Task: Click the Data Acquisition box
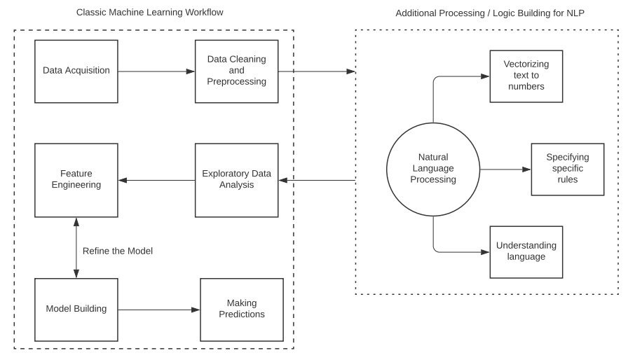click(x=76, y=71)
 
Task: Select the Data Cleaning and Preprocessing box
click(x=236, y=71)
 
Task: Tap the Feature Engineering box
click(x=76, y=180)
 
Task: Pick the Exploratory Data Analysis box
click(x=236, y=180)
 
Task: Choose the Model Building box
click(x=76, y=309)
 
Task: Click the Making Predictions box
click(x=242, y=309)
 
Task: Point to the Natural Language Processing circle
click(x=433, y=169)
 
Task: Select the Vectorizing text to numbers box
click(x=526, y=76)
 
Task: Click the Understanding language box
click(x=526, y=251)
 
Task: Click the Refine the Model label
click(x=117, y=251)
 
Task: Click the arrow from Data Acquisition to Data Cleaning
click(x=156, y=71)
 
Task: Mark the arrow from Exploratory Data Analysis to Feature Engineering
click(x=156, y=180)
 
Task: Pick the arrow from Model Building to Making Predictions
click(x=158, y=309)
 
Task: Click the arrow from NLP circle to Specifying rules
click(x=505, y=169)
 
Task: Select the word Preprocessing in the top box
click(x=236, y=81)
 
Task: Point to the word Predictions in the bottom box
click(x=242, y=314)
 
